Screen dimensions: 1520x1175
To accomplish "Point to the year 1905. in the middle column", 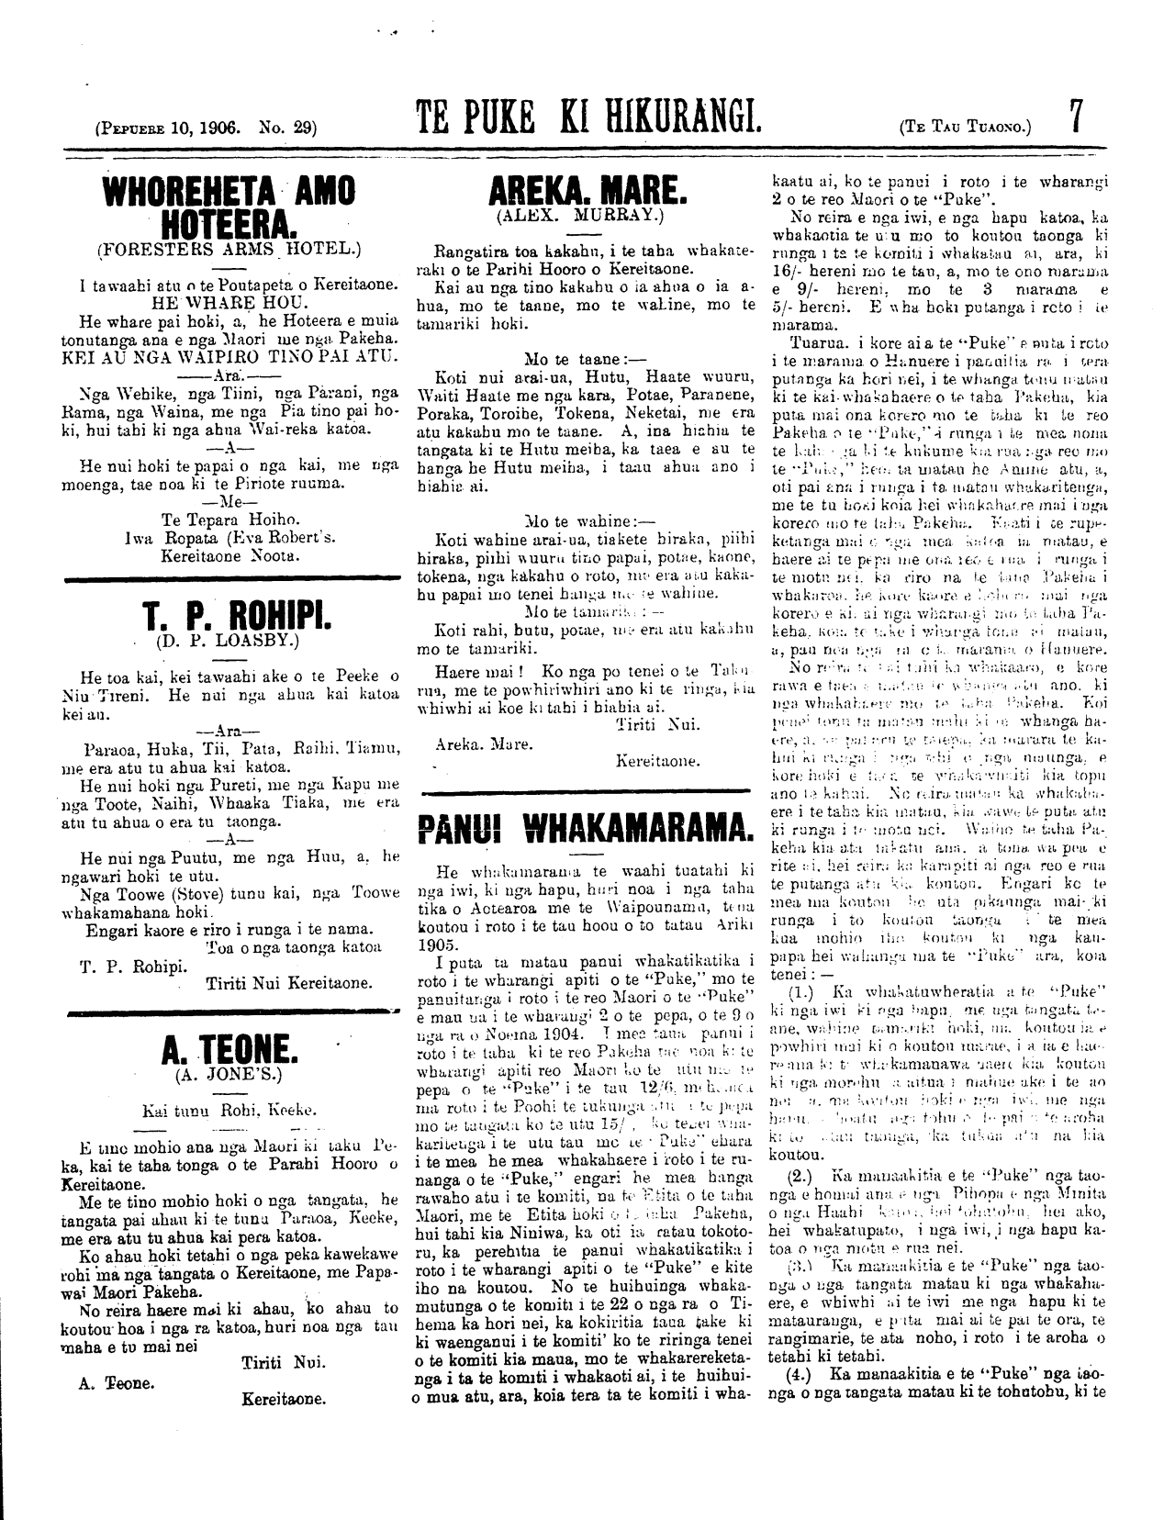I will point(440,942).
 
